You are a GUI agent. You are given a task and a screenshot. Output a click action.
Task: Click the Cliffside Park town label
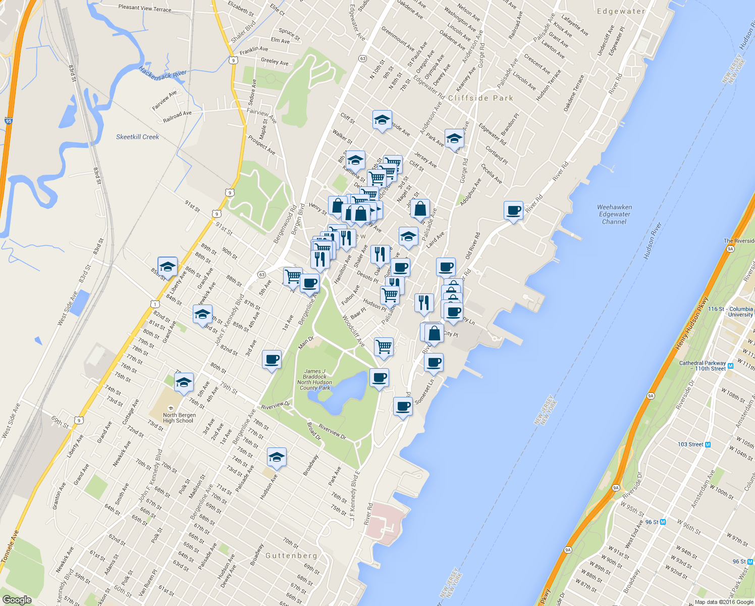(x=480, y=98)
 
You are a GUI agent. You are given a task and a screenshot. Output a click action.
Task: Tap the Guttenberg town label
(x=291, y=555)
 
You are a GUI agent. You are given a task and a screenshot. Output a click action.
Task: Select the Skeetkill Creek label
(x=137, y=137)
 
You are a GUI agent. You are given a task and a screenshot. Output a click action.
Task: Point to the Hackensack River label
(x=163, y=74)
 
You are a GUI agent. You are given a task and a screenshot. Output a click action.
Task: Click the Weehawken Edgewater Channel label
(x=614, y=214)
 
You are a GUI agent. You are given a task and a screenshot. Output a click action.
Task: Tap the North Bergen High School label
(x=179, y=418)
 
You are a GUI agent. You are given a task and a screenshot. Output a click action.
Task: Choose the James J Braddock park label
(x=315, y=379)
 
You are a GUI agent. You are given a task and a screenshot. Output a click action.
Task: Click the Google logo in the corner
(x=17, y=599)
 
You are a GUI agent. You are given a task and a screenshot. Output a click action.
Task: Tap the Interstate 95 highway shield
(x=8, y=121)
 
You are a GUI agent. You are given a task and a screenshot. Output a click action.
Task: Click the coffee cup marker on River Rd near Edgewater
(x=513, y=210)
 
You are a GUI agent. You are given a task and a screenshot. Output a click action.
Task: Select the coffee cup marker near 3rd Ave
(x=272, y=360)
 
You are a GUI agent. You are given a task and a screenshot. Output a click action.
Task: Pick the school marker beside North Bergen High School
(x=184, y=382)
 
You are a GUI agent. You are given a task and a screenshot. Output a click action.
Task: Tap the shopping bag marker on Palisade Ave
(x=420, y=208)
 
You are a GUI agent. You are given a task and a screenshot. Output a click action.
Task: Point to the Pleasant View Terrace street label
(x=145, y=8)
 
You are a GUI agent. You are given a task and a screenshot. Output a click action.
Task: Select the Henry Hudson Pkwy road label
(x=692, y=324)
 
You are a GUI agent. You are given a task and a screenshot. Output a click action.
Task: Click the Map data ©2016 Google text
(x=724, y=602)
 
